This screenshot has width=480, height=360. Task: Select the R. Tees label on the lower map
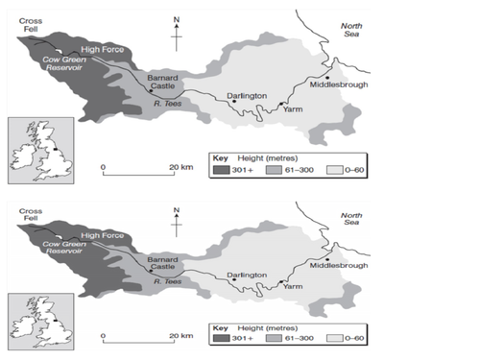[167, 281]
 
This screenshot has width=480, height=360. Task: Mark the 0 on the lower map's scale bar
[104, 336]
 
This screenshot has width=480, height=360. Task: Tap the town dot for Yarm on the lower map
[280, 284]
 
